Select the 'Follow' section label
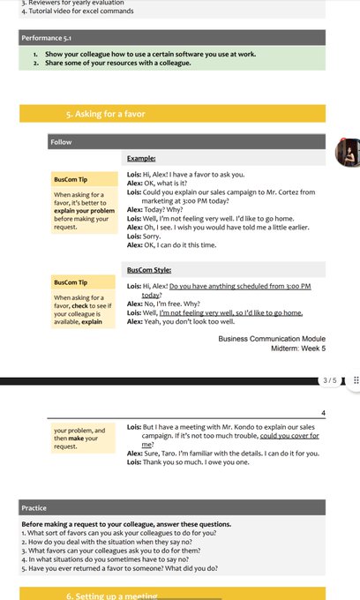pyautogui.click(x=61, y=141)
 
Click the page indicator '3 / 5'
pyautogui.click(x=330, y=380)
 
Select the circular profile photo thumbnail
pyautogui.click(x=348, y=153)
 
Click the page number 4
pyautogui.click(x=323, y=413)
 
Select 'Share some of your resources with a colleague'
pyautogui.click(x=117, y=63)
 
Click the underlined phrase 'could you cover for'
pyautogui.click(x=289, y=436)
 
